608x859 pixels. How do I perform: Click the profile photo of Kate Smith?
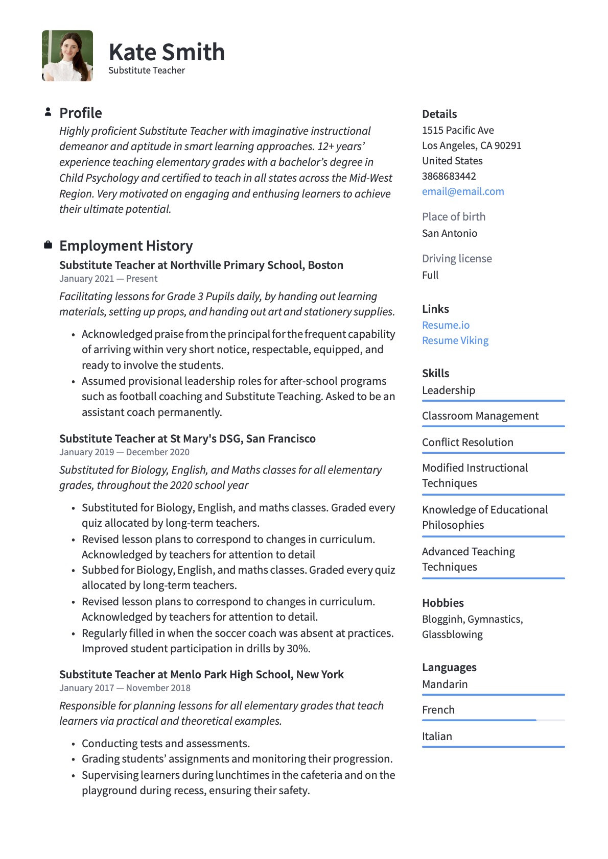pos(67,56)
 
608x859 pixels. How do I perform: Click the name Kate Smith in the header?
pos(167,52)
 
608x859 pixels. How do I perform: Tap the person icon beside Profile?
pos(48,112)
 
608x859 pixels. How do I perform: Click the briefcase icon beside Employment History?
pos(48,246)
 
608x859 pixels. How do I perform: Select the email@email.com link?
pos(463,191)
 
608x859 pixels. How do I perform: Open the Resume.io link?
pos(446,325)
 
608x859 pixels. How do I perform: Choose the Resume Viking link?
pos(455,340)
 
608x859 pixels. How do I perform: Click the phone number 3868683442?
pos(449,176)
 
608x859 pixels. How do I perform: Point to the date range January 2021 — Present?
pos(108,279)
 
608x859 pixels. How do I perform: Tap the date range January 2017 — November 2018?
pos(125,688)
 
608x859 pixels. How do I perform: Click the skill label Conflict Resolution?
pos(467,443)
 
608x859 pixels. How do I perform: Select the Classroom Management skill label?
pos(480,416)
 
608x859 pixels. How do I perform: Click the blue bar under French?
pos(479,720)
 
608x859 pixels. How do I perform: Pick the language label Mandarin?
pos(445,684)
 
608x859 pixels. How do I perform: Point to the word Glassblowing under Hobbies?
pos(452,634)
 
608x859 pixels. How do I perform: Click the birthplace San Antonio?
pos(450,233)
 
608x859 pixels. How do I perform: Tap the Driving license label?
pos(457,259)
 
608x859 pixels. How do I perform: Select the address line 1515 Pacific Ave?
pos(458,130)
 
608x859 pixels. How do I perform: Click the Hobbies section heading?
pos(442,603)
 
